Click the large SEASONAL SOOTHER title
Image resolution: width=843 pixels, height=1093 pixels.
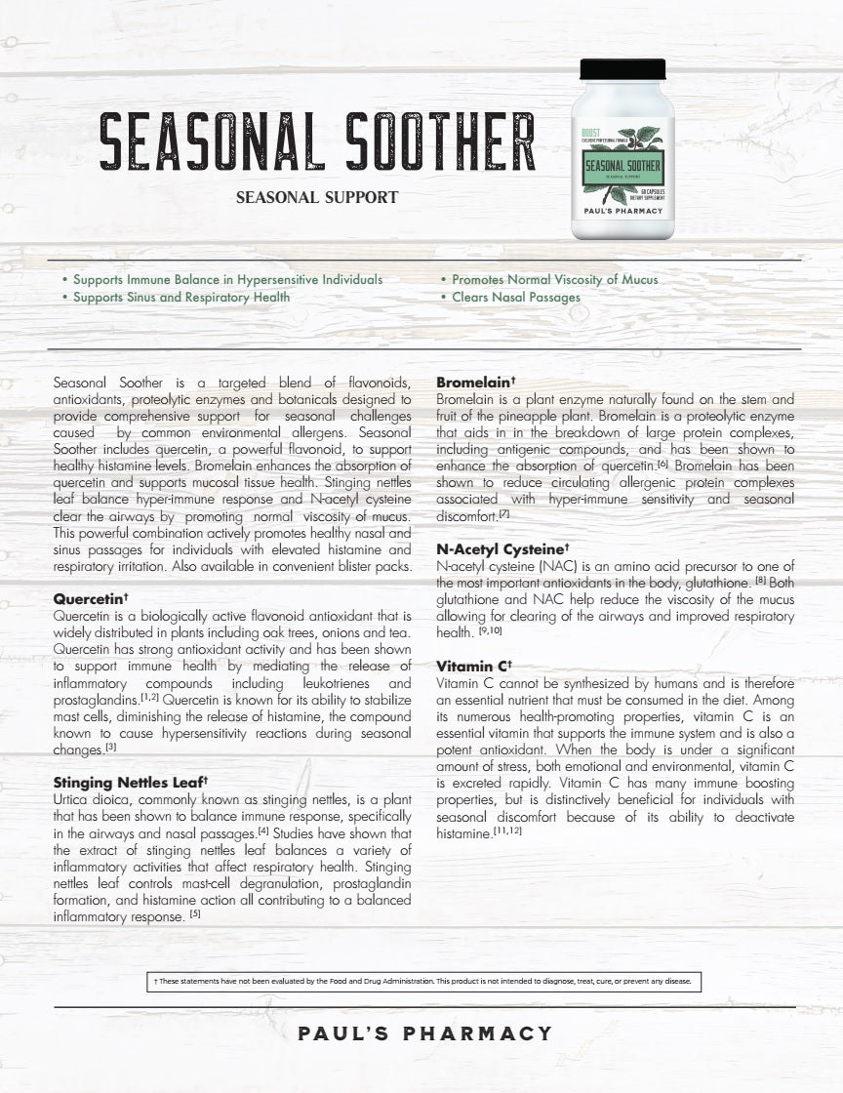point(317,144)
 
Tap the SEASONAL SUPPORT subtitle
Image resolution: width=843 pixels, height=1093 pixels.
point(317,197)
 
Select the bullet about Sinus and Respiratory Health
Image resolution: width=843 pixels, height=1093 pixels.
point(181,297)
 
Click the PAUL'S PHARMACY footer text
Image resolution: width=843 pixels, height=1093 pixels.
point(424,1033)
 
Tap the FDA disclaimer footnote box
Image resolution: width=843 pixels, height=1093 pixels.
point(421,981)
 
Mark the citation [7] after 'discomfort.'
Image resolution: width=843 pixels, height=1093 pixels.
point(504,513)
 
